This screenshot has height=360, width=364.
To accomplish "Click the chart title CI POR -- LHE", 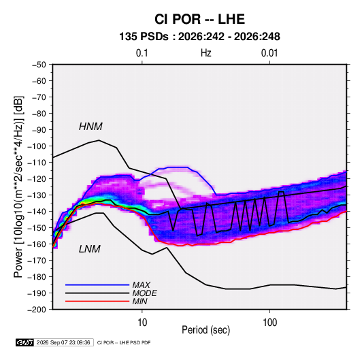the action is [199, 19].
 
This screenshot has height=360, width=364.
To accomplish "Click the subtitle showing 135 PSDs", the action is [199, 37].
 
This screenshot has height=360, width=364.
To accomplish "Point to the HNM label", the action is [90, 127].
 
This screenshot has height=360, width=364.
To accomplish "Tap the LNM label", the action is [90, 249].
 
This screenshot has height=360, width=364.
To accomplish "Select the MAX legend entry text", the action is [141, 285].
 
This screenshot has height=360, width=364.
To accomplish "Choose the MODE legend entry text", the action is [144, 293].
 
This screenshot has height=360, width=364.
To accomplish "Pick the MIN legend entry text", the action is [139, 301].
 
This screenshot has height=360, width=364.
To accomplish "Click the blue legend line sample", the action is [97, 285].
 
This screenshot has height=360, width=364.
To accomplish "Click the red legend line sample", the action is [97, 301].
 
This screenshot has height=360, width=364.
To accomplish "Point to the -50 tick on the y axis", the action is [39, 65].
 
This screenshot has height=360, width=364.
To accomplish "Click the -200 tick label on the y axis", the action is [37, 310].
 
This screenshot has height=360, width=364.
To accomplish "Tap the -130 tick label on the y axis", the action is [37, 195].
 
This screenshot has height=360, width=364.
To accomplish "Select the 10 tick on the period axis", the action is [142, 323].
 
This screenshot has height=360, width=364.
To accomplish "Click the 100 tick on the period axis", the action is [269, 323].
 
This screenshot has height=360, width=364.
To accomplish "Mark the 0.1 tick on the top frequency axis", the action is [142, 53].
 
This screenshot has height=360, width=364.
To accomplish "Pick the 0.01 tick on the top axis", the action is [269, 53].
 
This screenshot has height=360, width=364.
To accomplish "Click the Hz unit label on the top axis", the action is [206, 53].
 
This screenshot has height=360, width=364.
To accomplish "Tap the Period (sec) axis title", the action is [206, 330].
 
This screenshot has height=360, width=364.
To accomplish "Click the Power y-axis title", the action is [18, 187].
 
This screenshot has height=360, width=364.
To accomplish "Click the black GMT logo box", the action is [25, 342].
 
